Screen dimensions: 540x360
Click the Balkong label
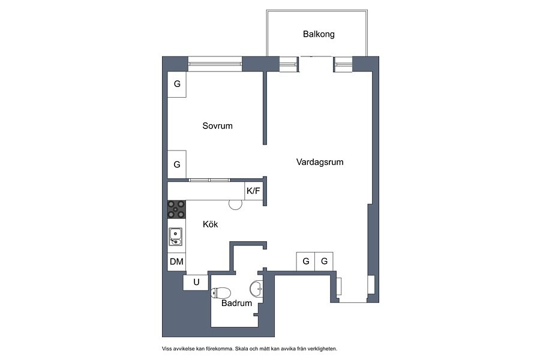319,34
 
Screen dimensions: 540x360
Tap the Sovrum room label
217,126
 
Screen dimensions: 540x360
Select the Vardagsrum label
320,162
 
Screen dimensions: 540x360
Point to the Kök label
210,224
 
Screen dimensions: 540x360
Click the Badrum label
236,303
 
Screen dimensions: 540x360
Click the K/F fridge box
253,191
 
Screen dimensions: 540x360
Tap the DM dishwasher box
176,262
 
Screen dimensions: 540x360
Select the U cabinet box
196,283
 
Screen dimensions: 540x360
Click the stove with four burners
176,209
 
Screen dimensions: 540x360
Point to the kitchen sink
175,236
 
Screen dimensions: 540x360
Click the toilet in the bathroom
220,293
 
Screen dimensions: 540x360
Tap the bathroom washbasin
256,289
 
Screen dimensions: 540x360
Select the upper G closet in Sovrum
177,84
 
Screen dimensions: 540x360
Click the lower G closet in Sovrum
177,164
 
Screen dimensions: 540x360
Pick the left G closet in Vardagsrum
305,262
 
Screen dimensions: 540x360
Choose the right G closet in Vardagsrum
324,262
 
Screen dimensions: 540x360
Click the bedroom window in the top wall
215,64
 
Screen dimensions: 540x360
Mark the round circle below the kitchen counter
236,203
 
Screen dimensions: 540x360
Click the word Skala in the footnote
241,349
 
